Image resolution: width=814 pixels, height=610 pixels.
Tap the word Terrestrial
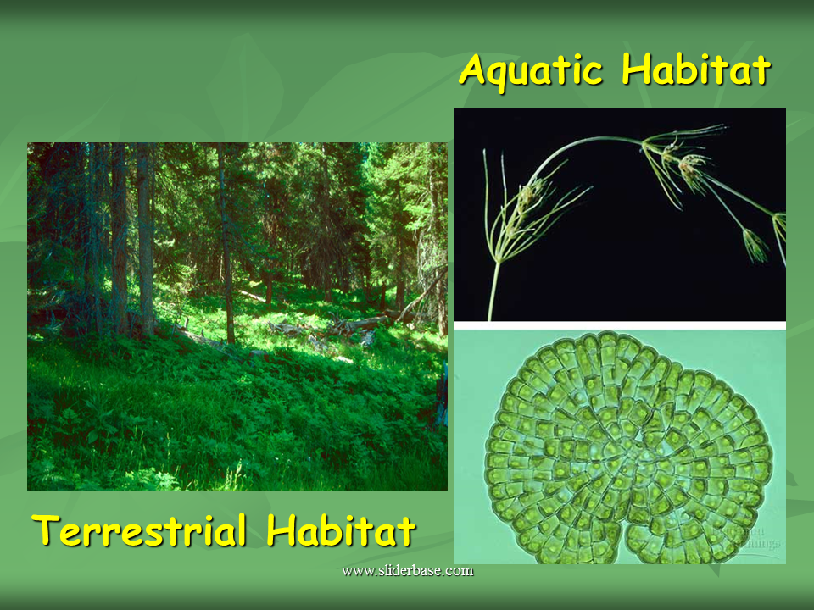tap(141, 531)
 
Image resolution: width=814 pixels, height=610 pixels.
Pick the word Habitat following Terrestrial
tap(340, 531)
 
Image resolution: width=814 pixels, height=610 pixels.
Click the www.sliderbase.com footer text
tap(407, 570)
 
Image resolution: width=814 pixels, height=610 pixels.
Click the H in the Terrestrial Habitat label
tap(279, 531)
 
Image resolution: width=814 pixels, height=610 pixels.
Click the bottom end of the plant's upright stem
tap(490, 317)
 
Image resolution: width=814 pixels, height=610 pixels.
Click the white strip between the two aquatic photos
tap(620, 325)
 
